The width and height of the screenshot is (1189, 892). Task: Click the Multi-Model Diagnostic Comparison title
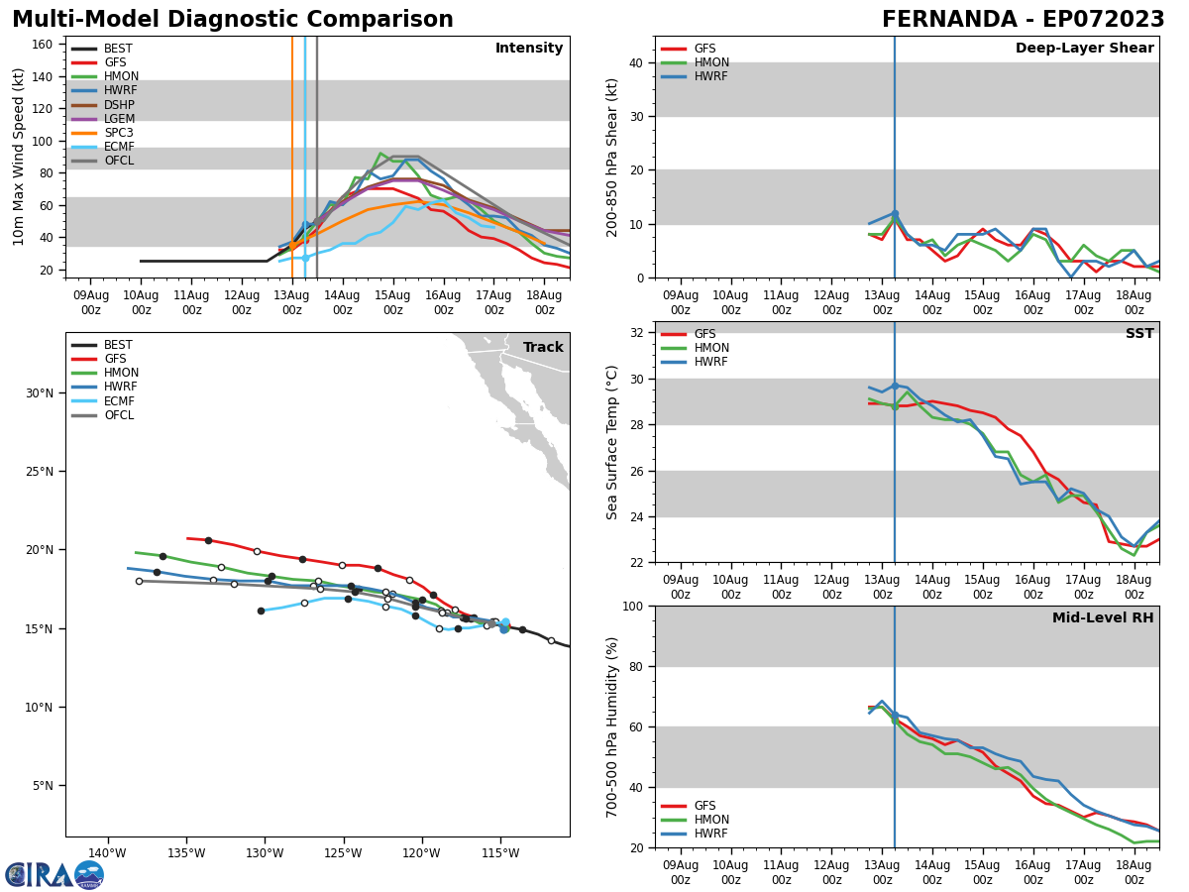point(233,20)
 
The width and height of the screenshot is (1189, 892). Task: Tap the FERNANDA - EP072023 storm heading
point(1023,20)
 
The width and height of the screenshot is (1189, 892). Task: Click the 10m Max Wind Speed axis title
point(19,157)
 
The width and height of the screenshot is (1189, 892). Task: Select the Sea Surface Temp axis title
point(612,442)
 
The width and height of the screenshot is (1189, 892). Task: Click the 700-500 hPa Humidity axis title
point(612,726)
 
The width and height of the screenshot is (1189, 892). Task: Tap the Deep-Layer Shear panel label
point(1084,49)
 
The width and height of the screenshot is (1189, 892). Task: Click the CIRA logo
point(54,874)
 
